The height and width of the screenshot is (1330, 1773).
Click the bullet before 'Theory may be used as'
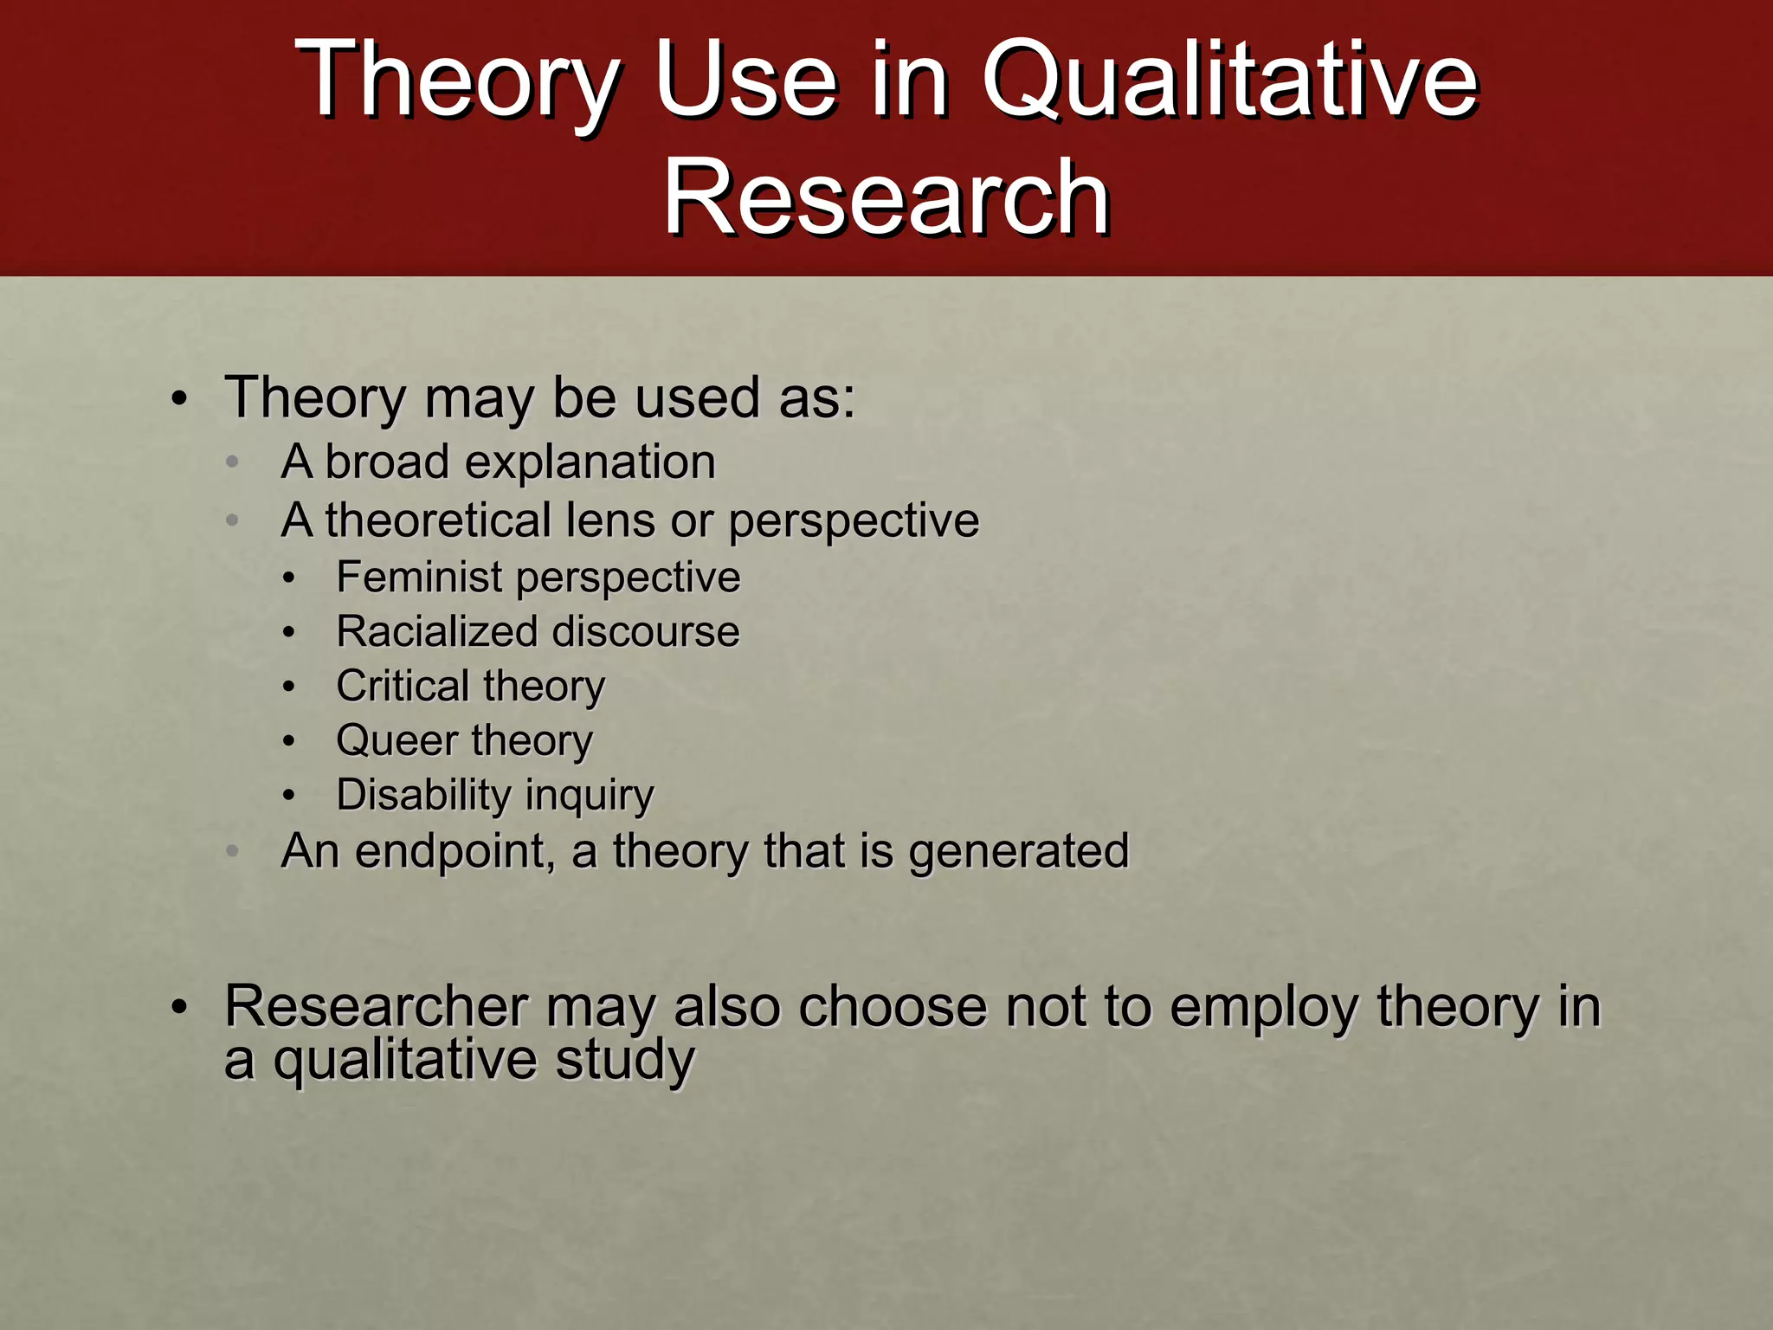coord(178,401)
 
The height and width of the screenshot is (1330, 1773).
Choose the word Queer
coord(397,741)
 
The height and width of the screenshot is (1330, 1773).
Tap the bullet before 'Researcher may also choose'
coord(178,1008)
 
